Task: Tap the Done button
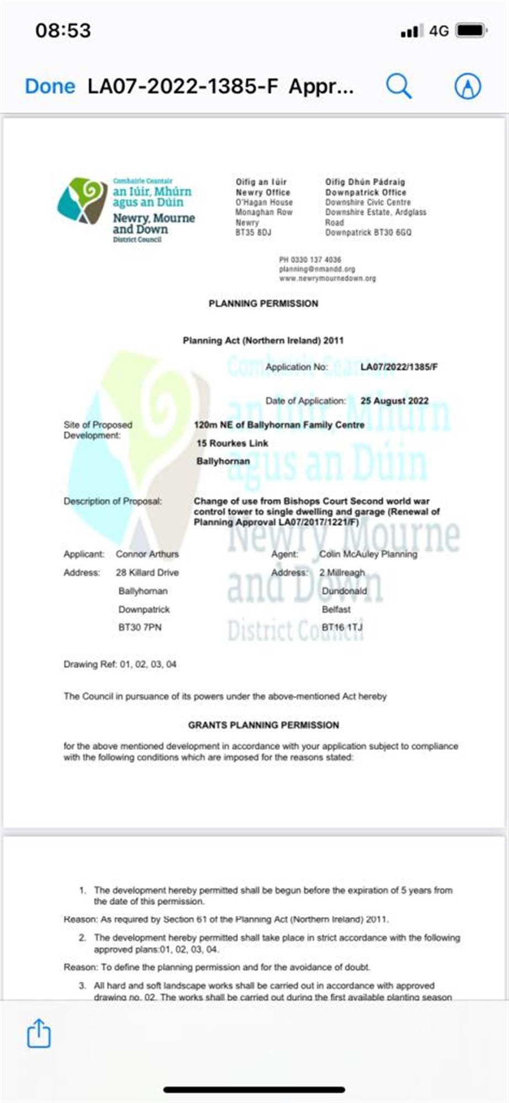(50, 87)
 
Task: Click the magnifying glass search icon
(398, 86)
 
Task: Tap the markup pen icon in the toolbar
(467, 87)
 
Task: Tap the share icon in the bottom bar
(39, 1033)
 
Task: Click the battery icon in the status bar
(472, 30)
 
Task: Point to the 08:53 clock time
(63, 30)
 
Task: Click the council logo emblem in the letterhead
(83, 201)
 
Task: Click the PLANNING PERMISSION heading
(263, 303)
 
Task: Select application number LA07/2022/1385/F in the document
(399, 367)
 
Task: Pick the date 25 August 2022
(394, 401)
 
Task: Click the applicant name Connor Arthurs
(147, 554)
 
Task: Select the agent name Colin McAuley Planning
(368, 554)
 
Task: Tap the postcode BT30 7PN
(140, 627)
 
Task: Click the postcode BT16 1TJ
(342, 627)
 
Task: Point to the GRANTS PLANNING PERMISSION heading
(264, 725)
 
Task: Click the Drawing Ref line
(120, 664)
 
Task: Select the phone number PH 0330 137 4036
(310, 260)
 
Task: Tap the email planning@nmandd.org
(317, 269)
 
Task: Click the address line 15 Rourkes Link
(232, 443)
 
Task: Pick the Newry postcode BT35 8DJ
(253, 233)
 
